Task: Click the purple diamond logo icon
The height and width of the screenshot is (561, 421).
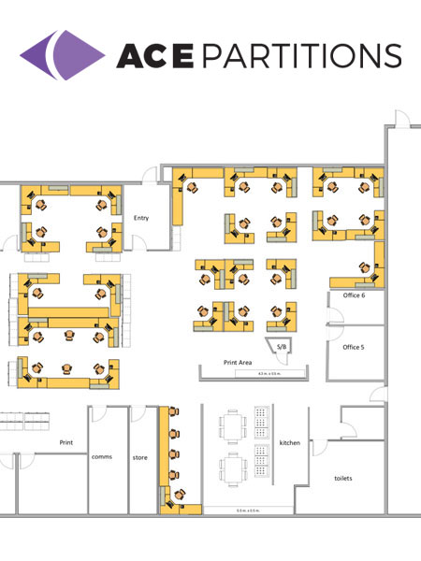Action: click(x=62, y=53)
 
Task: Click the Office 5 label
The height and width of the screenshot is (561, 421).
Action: click(x=353, y=347)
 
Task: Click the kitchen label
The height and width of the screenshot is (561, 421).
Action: click(x=290, y=442)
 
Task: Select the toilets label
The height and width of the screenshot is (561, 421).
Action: click(x=344, y=477)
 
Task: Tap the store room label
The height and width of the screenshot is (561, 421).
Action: click(x=140, y=457)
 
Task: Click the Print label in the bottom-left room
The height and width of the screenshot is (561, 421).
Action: click(x=66, y=442)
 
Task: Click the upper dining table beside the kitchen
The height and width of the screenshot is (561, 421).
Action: click(x=231, y=426)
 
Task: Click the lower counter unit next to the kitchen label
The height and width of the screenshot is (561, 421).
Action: click(x=261, y=462)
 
